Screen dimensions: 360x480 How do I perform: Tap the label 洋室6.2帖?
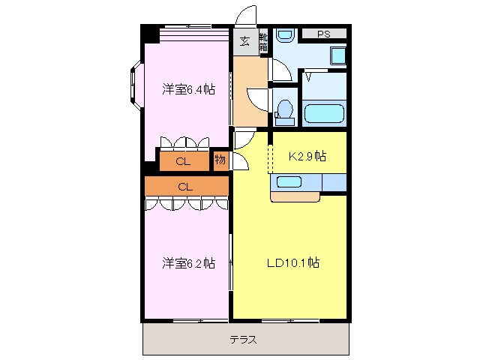click(188, 263)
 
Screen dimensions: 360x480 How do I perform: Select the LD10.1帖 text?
click(293, 263)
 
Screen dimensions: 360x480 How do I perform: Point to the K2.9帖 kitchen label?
click(307, 156)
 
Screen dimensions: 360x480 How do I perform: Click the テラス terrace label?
click(244, 340)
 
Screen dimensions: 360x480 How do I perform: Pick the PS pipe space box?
click(323, 34)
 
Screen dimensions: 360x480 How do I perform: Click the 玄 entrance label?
click(244, 41)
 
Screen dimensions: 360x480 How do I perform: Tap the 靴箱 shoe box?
click(263, 42)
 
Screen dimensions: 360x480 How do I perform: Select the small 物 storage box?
click(220, 160)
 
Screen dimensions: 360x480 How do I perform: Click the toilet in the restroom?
click(284, 110)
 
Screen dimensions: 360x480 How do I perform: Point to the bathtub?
click(324, 114)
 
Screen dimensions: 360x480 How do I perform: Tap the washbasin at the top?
click(284, 35)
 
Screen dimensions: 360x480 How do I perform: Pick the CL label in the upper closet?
click(182, 161)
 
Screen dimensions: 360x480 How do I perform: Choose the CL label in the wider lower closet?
click(185, 186)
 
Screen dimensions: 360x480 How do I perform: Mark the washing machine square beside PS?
click(337, 55)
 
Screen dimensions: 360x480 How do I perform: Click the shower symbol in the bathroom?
click(309, 76)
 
